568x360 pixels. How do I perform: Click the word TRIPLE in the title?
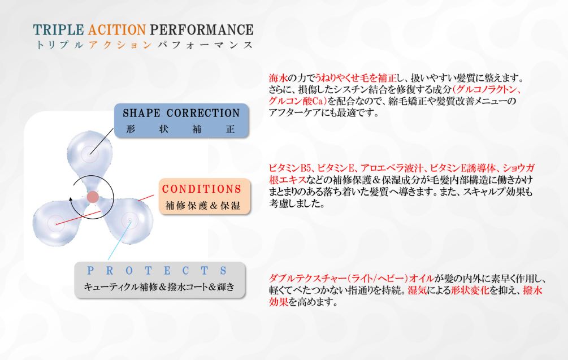coord(58,30)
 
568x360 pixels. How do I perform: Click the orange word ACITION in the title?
coord(116,30)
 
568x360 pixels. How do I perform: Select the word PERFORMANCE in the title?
coord(201,30)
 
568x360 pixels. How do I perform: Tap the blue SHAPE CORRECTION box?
coord(181,120)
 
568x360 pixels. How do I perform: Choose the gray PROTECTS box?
coord(160,280)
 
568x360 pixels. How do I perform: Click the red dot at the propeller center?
coord(93,197)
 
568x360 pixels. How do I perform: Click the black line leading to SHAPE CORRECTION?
coord(102,141)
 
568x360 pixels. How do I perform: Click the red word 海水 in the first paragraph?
coord(278,78)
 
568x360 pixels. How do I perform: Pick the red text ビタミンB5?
coord(290,168)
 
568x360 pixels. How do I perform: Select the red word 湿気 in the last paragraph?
coord(417,290)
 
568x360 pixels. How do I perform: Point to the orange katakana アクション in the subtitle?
coord(120,45)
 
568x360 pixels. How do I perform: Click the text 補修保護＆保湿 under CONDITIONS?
coord(203,205)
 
